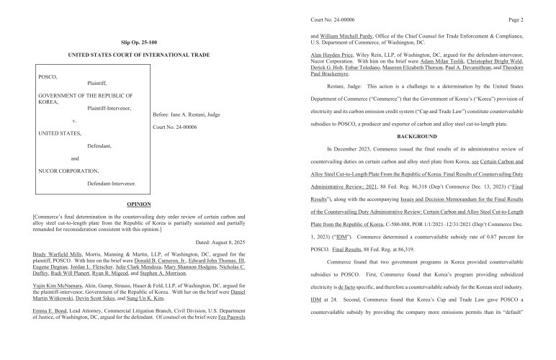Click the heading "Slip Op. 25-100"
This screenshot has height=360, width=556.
pyautogui.click(x=136, y=42)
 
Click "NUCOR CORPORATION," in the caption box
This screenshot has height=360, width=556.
pyautogui.click(x=68, y=171)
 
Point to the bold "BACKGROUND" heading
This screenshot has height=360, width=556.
pyautogui.click(x=418, y=136)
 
